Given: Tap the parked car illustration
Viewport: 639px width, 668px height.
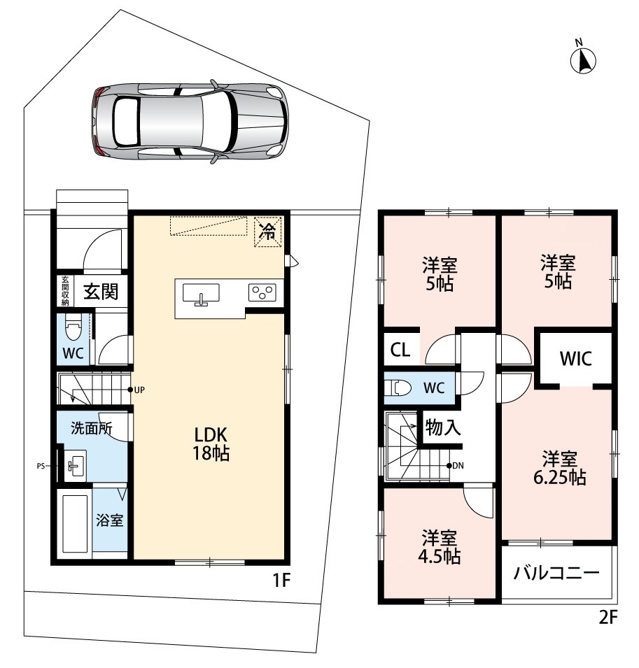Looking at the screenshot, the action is (189, 121).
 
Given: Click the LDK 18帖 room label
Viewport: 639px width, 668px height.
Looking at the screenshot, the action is (211, 443).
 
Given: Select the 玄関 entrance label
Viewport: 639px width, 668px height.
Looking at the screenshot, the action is (100, 292).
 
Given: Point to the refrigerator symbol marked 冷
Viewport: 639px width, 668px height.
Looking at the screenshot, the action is (267, 232).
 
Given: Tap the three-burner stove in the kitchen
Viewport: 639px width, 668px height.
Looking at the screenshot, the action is (262, 292).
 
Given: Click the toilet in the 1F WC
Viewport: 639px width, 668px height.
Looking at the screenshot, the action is (73, 328).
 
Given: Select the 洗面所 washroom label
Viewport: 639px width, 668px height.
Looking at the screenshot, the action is (92, 428).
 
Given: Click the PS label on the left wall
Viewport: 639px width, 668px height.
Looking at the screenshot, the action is (41, 466).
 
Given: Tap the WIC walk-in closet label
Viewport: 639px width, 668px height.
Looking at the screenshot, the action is (575, 359).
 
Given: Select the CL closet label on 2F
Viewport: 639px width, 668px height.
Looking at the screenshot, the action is (400, 350).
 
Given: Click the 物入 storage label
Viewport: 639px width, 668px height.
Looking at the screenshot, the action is (443, 427).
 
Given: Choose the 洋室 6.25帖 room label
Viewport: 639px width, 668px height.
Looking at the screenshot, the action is (559, 468).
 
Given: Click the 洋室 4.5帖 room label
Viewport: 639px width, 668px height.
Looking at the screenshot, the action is (439, 547).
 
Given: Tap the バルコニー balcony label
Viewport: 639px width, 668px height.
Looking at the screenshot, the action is (556, 573).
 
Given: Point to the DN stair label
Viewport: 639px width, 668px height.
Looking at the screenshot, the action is (458, 466).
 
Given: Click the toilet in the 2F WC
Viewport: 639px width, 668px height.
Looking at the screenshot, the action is (398, 388).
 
